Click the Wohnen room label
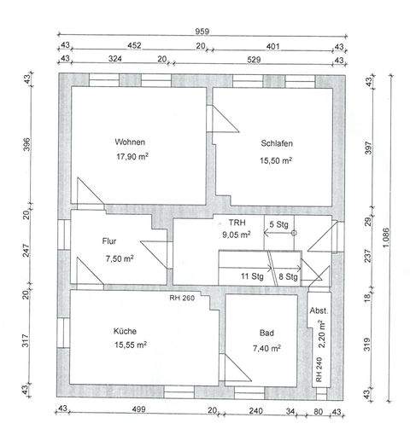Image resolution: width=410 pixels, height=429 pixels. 132,142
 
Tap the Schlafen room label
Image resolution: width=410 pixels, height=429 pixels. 277,143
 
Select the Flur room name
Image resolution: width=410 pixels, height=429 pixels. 108,241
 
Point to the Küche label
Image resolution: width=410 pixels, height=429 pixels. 124,330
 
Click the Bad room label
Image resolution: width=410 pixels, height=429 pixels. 266,333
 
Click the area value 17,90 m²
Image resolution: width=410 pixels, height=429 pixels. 132,158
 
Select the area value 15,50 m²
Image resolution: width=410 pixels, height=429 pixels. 277,160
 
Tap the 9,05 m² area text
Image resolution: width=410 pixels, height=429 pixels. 236,234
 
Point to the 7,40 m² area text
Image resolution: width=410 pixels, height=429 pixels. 266,348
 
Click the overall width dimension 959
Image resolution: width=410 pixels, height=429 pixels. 203,32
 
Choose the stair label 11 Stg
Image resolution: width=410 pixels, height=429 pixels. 251,276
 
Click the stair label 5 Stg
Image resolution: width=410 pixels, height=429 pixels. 278,223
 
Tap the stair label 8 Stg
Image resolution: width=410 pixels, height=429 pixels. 288,276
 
